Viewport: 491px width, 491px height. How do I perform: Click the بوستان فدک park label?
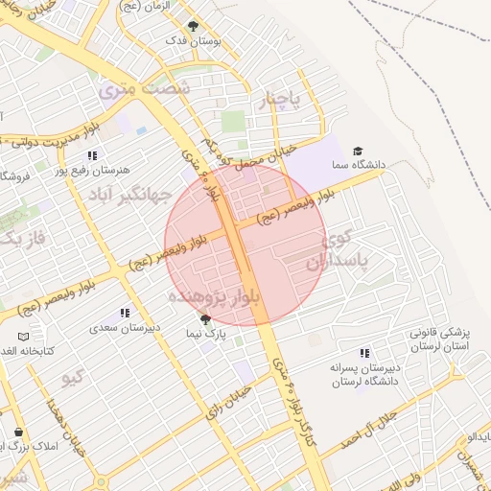point(194,40)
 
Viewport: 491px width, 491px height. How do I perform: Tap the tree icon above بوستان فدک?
point(194,26)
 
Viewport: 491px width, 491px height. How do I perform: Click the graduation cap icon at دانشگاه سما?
point(358,151)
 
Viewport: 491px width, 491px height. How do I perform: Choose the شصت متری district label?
point(144,89)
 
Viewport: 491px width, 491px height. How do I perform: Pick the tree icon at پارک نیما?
point(204,319)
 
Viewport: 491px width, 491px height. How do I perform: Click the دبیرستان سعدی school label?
point(120,327)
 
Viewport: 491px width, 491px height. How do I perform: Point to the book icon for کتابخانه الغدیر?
point(24,338)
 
